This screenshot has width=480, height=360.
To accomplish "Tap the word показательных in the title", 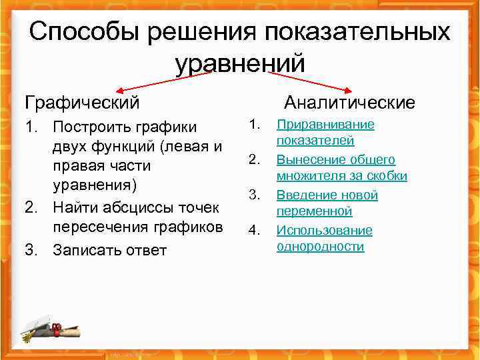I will pos(357,32).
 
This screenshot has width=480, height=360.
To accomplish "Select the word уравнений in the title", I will pos(240,63).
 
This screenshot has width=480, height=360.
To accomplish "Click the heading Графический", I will pos(82,103).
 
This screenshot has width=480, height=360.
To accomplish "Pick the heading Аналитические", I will pos(349,103).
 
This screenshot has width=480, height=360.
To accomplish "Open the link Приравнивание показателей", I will pos(325,132).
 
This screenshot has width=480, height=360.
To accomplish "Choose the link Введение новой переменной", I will pos(327,203).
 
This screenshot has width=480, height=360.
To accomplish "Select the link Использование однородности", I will pos(324,238).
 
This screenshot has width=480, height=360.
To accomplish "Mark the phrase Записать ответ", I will pos(109,250).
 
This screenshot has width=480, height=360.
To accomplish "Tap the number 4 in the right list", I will pos(253,231).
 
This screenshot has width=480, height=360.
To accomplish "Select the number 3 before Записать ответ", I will pos(29,250).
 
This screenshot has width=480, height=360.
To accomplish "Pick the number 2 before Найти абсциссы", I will pos(29,207).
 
